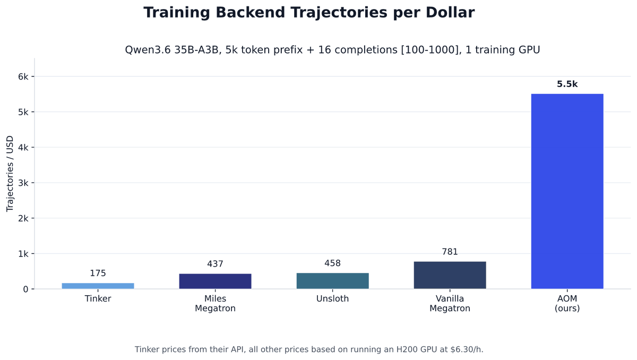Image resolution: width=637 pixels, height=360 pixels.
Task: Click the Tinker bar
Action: [98, 286]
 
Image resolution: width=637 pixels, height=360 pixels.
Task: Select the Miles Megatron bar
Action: [216, 281]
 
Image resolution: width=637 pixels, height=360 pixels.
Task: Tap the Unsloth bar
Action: [333, 281]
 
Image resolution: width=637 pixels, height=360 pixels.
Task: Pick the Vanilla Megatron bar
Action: [450, 275]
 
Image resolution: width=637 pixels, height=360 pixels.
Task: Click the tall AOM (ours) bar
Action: [567, 191]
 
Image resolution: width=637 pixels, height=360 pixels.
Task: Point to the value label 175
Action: [98, 273]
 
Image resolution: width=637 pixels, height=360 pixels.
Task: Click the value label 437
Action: [216, 264]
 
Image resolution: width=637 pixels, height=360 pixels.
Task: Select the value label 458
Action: [333, 263]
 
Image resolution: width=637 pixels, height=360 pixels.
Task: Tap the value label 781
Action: [450, 252]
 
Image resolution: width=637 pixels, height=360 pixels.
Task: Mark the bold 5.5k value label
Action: [567, 84]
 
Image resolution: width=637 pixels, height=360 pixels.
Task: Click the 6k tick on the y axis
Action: [23, 76]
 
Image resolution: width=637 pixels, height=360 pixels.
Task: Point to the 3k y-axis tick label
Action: [23, 183]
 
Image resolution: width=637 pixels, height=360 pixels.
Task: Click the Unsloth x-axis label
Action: [333, 298]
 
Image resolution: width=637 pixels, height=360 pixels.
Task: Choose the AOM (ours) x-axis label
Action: [567, 303]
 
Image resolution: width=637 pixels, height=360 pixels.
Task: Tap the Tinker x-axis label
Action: [98, 298]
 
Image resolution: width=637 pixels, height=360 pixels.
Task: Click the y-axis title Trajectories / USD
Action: [10, 174]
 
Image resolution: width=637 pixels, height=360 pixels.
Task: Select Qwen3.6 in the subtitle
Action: [148, 50]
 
